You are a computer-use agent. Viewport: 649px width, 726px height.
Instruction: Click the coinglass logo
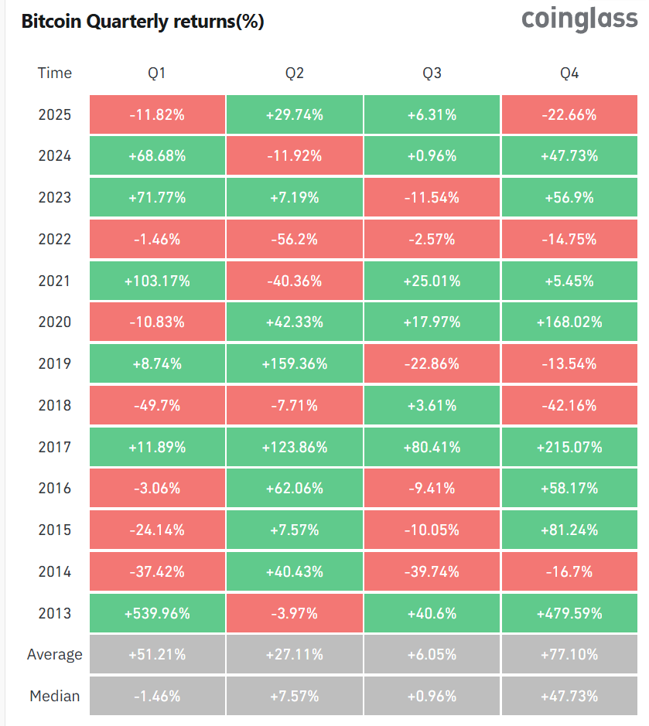tap(579, 19)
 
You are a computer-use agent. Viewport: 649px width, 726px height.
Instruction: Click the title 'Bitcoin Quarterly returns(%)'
tap(142, 22)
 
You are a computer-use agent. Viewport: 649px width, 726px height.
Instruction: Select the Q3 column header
tap(432, 73)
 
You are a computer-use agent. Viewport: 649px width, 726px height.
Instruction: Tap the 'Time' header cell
tap(54, 73)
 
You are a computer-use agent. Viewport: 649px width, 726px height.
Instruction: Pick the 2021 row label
tap(54, 281)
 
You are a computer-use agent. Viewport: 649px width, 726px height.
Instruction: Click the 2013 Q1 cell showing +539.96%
tap(157, 613)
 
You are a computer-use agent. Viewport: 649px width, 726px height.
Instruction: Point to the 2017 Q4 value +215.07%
tap(569, 447)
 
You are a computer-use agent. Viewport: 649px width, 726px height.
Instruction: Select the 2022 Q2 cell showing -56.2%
tap(294, 240)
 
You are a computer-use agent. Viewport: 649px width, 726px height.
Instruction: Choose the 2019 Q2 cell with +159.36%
tap(294, 364)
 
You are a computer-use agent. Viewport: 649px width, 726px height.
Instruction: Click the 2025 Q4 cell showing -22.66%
tap(569, 115)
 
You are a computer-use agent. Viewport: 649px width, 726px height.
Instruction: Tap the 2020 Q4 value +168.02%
tap(569, 322)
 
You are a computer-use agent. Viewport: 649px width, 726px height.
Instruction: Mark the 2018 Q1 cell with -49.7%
tap(157, 405)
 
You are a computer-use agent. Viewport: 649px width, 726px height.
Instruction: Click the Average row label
tap(54, 655)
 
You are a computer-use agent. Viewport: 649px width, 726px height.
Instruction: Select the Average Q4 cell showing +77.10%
tap(569, 655)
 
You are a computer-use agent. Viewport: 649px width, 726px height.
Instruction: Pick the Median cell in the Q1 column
tap(157, 696)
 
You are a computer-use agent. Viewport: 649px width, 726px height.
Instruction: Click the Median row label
tap(54, 696)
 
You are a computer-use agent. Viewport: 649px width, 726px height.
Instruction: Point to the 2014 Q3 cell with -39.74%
tap(432, 572)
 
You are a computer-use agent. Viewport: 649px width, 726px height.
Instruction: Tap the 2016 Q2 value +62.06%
tap(294, 489)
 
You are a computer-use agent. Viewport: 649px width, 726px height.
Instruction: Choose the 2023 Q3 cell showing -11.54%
tap(432, 198)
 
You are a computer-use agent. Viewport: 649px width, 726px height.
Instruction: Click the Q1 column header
tap(157, 73)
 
